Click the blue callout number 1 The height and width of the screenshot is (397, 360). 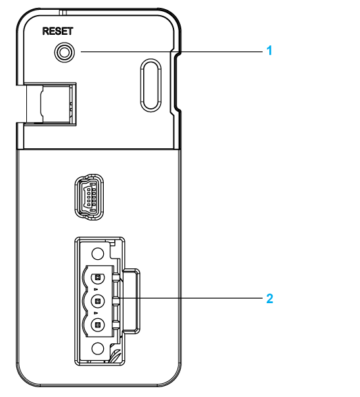tap(269, 51)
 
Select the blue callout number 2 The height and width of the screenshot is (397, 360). tap(270, 299)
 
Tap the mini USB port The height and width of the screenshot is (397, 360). tap(89, 197)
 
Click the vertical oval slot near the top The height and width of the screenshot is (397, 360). tap(150, 85)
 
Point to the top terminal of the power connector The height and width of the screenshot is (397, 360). tap(98, 278)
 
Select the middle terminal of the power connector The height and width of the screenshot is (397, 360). tap(98, 301)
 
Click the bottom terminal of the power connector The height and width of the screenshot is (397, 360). tap(98, 325)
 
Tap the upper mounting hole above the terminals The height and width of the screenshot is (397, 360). tap(98, 253)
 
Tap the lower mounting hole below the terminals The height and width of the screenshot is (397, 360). tap(98, 348)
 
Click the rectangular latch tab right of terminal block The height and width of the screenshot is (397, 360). tap(131, 301)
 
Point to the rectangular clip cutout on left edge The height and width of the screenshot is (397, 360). tap(51, 104)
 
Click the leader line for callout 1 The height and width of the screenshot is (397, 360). tap(171, 52)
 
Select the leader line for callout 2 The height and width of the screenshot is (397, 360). tap(191, 298)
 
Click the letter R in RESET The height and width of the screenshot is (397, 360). tap(45, 31)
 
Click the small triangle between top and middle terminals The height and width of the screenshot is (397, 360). tap(96, 289)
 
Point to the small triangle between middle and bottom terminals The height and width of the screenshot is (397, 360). tap(96, 313)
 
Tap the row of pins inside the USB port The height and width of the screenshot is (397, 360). tap(89, 196)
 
